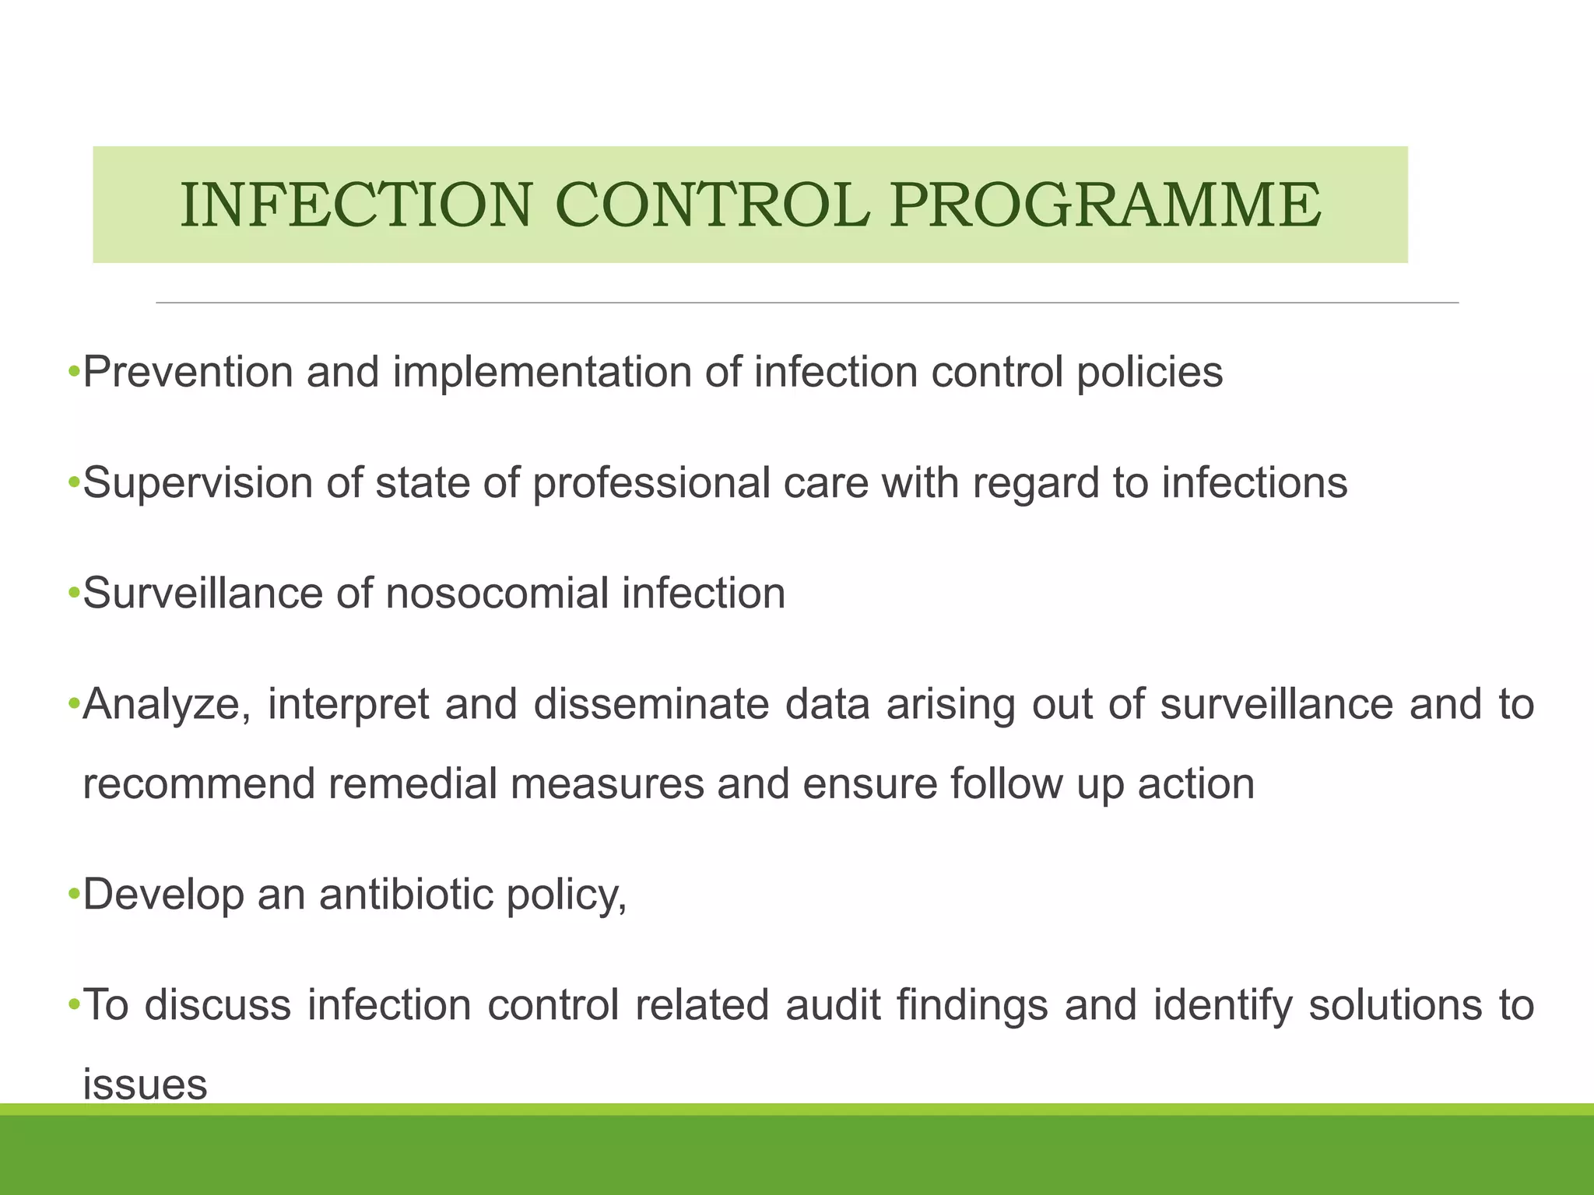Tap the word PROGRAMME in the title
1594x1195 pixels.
[x=1105, y=205]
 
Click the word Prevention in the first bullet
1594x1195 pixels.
[x=188, y=372]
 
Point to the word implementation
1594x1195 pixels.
[x=542, y=372]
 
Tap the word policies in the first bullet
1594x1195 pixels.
[x=1150, y=372]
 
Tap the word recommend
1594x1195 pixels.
[x=198, y=783]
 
